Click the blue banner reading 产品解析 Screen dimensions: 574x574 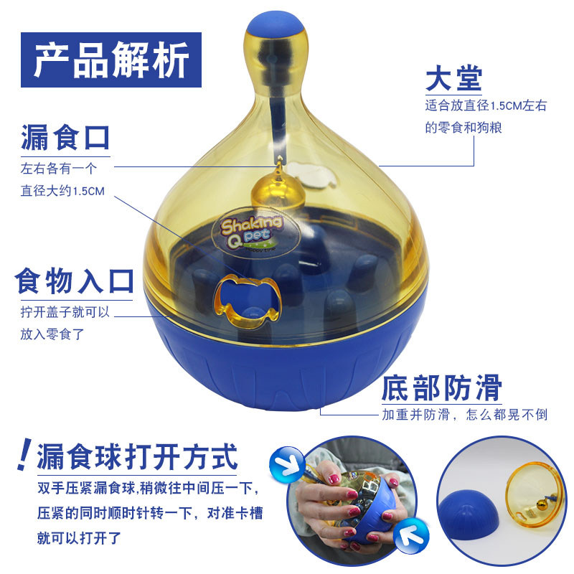[x=111, y=60]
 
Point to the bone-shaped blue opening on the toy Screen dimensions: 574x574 [x=249, y=300]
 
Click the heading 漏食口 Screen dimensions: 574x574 [x=65, y=138]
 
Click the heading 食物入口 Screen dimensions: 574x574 [x=74, y=281]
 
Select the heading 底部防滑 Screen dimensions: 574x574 [x=441, y=387]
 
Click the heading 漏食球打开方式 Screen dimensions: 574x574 [x=137, y=456]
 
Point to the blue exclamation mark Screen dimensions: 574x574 [x=24, y=454]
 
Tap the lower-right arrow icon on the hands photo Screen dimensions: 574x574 [x=410, y=535]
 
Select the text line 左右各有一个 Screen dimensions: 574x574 [x=59, y=169]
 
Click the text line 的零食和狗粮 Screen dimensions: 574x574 [x=463, y=128]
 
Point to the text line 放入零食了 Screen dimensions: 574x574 [x=52, y=334]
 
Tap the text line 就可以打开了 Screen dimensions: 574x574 [x=79, y=538]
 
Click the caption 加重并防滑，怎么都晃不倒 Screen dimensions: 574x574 [x=464, y=415]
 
